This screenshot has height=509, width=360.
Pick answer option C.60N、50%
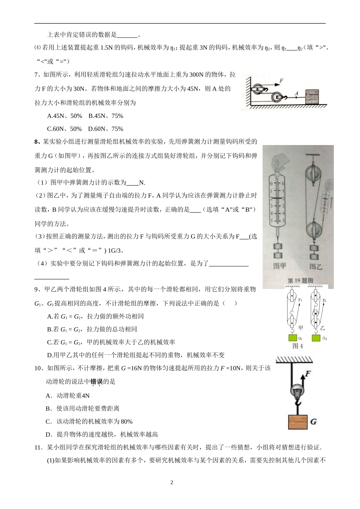pos(64,129)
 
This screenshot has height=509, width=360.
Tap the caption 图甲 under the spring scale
pos(280,266)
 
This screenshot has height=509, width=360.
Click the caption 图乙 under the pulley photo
pos(315,266)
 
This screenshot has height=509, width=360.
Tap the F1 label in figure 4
pos(300,300)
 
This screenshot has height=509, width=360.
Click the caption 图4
pos(298,346)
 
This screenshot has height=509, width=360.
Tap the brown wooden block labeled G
pos(297,422)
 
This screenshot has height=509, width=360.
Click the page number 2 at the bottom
pos(172,482)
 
